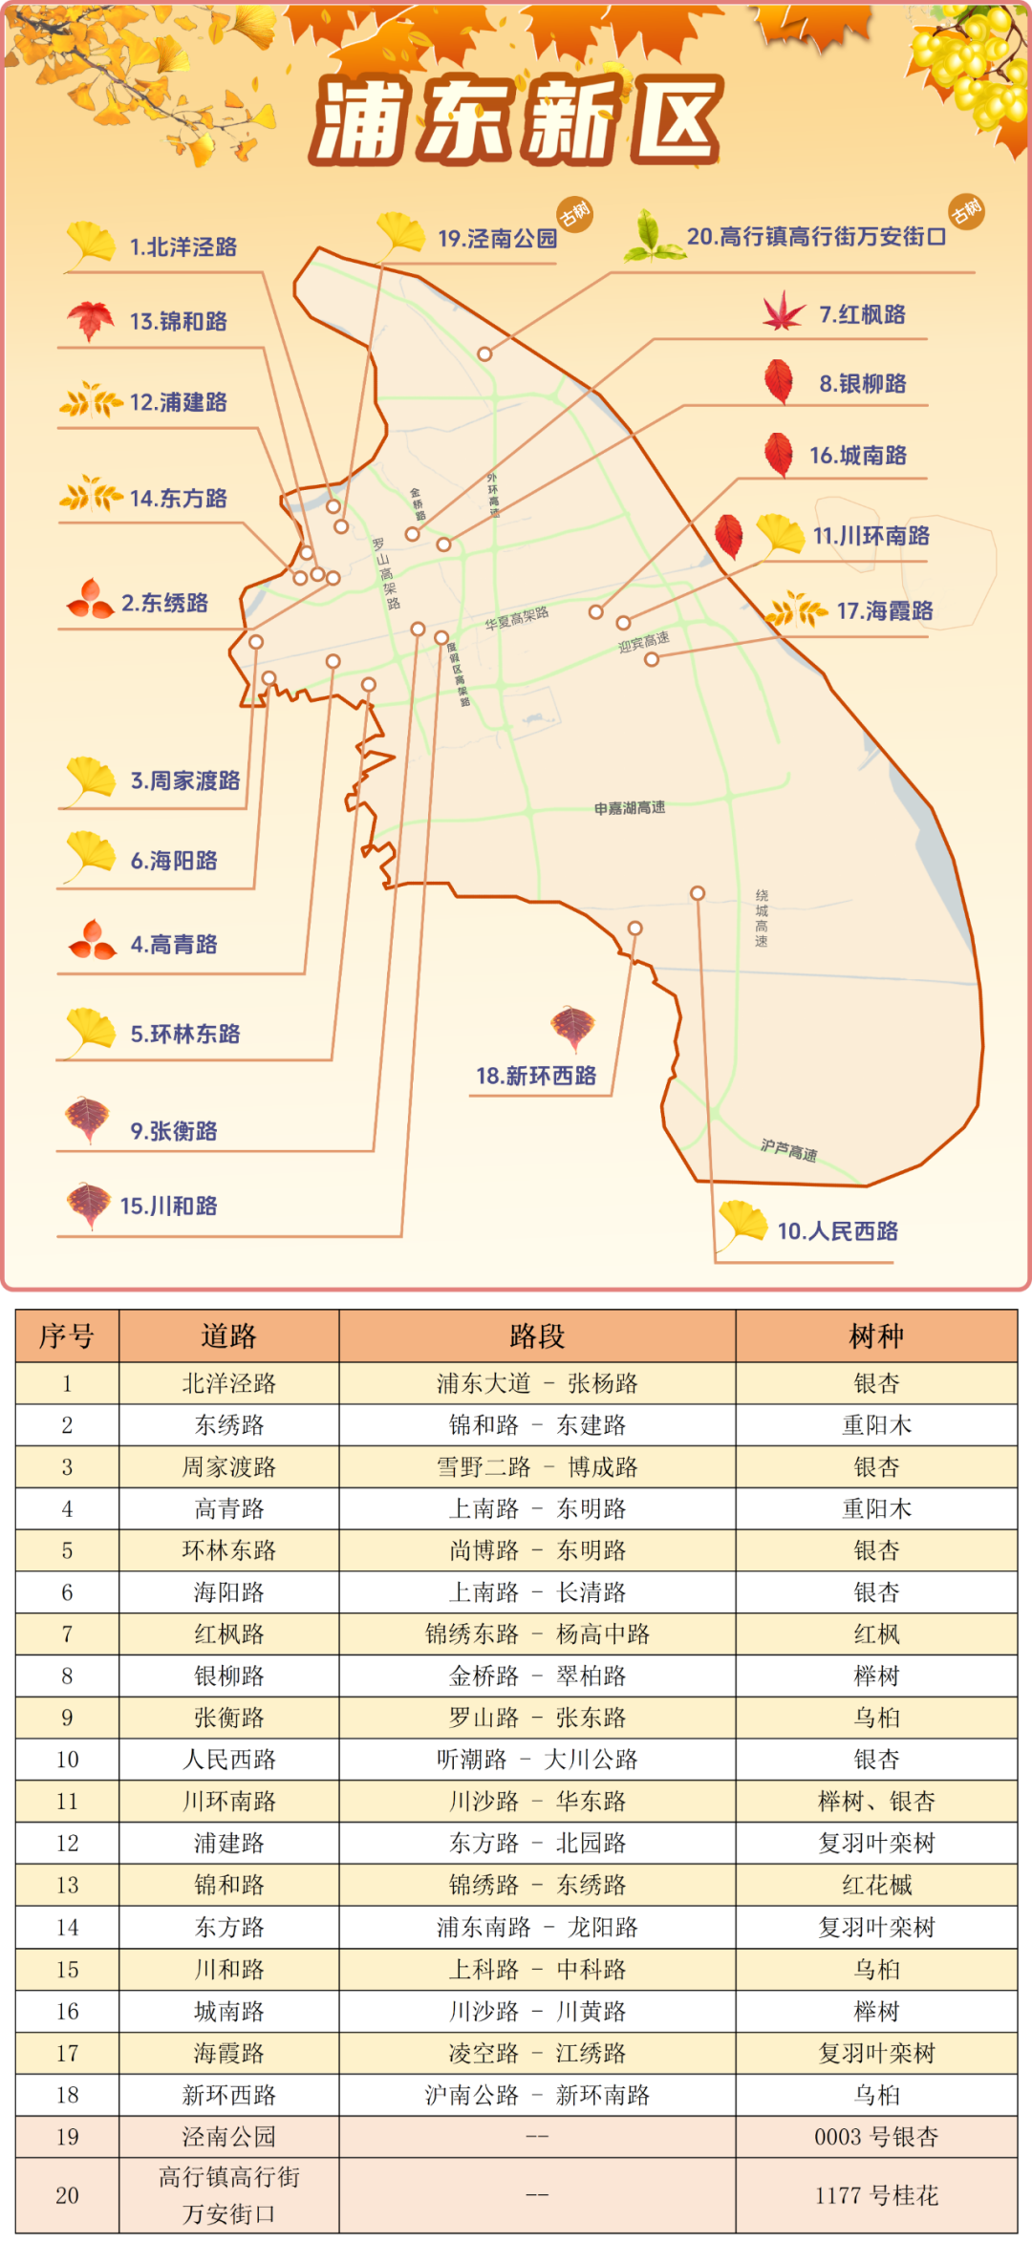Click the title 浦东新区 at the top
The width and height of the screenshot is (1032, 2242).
(516, 122)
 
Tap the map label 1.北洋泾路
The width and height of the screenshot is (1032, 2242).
(183, 247)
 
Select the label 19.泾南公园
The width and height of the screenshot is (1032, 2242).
(497, 239)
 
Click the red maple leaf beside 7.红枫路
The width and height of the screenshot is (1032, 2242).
(784, 312)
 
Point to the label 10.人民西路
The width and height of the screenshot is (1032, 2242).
(837, 1231)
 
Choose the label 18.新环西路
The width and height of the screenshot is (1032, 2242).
(536, 1077)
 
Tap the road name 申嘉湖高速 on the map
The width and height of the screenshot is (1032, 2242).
(629, 808)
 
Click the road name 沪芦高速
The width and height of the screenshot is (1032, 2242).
(788, 1151)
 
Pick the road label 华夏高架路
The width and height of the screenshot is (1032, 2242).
(516, 618)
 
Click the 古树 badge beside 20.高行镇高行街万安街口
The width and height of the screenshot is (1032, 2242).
(966, 210)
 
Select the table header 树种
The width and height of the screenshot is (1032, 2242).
(875, 1336)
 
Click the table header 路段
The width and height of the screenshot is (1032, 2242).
(537, 1336)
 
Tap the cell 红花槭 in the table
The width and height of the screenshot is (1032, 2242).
(875, 1885)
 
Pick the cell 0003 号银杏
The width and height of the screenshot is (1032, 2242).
(875, 2137)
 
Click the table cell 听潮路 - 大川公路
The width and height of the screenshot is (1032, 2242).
(537, 1760)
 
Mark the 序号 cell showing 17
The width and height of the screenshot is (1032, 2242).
(67, 2053)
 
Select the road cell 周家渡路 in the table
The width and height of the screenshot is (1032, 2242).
(228, 1467)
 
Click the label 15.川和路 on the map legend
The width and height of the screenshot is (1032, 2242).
(168, 1206)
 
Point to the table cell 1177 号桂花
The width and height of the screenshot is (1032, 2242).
(875, 2195)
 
